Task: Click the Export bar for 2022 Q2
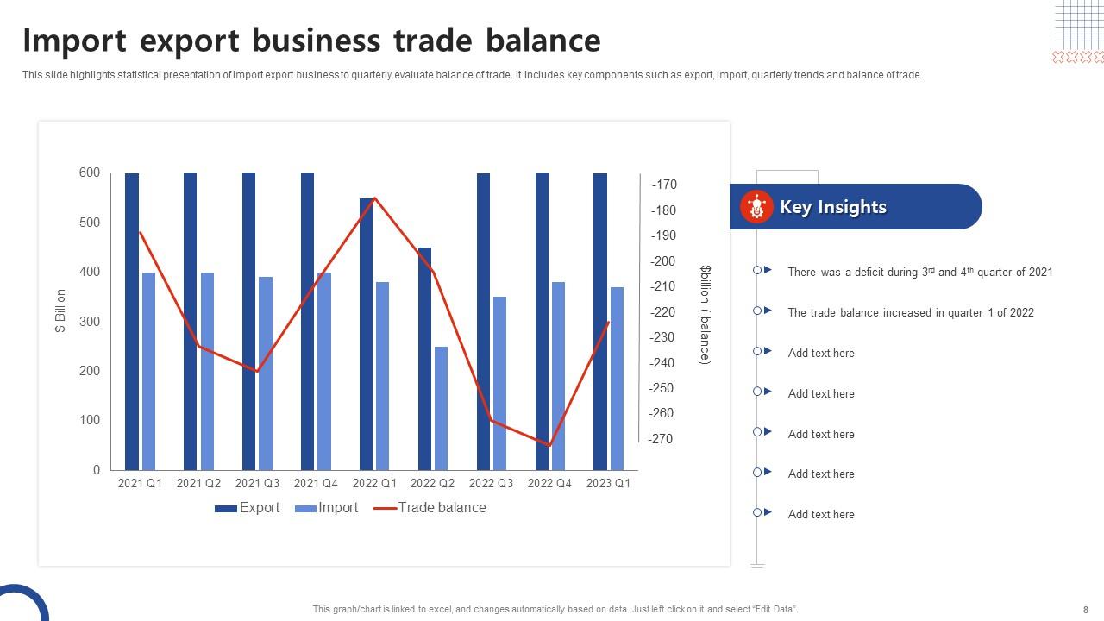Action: (x=424, y=358)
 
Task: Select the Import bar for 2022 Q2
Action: (x=442, y=408)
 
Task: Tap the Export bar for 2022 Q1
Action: (x=367, y=334)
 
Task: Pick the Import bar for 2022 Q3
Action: (x=500, y=383)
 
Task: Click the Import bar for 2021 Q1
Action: (x=148, y=371)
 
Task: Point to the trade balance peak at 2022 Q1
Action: (x=375, y=198)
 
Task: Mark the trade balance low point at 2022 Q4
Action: (x=549, y=446)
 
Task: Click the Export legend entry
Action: (x=248, y=508)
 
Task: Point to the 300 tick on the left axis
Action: (x=90, y=322)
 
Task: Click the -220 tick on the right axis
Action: (x=664, y=312)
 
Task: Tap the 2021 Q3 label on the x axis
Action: (x=257, y=484)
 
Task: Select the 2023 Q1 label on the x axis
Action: (x=608, y=484)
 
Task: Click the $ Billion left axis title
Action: (x=60, y=311)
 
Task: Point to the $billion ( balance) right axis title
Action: (x=705, y=315)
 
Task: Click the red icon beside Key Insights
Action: (x=756, y=207)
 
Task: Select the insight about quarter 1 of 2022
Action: (x=910, y=313)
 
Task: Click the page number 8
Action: (x=1085, y=609)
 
